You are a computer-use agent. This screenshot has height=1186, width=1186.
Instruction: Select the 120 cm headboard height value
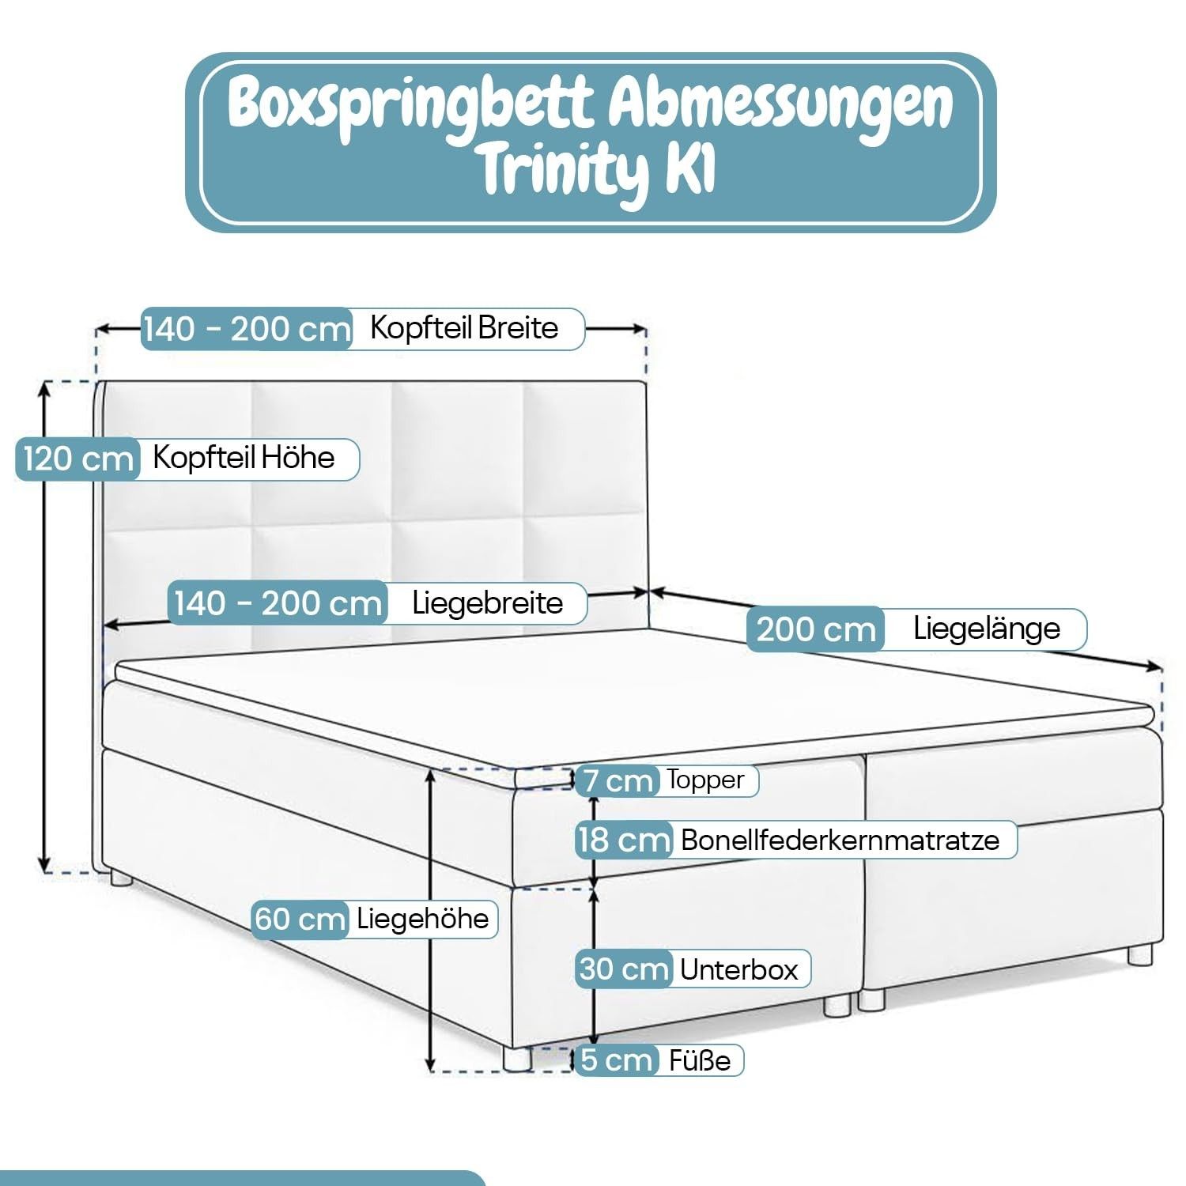coord(77,459)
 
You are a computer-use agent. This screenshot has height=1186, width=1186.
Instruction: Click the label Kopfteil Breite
coord(464,327)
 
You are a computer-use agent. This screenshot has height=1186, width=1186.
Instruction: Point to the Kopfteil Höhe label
coord(244,458)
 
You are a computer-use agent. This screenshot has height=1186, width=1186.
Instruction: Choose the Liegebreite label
coord(487,603)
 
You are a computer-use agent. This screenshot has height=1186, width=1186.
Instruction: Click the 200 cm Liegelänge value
coord(816,629)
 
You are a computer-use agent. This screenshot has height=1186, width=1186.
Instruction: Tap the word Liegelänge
coord(986,629)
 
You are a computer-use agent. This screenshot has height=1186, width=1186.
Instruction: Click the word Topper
coord(705,780)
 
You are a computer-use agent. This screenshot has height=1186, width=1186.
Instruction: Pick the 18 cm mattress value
coord(624,840)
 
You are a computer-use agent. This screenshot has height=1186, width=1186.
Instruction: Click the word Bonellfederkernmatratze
coord(840,840)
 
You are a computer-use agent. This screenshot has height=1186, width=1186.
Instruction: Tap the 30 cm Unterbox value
coord(624,969)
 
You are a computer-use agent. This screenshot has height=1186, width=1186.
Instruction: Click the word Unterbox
coord(738,969)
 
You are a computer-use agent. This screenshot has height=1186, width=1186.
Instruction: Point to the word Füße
coord(700,1060)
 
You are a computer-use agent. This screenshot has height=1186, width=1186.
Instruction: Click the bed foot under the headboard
coord(121,877)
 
